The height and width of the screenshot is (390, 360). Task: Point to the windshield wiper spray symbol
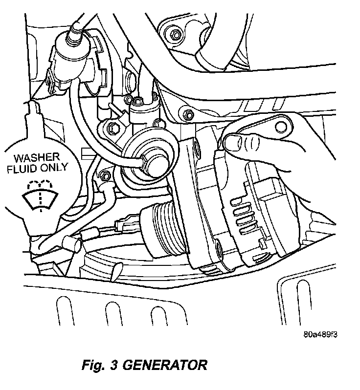[x=40, y=196]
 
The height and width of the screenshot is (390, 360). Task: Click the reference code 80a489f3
[x=321, y=336]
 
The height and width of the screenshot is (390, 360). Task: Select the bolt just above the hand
[x=189, y=115]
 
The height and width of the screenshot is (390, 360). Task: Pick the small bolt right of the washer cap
[x=104, y=175]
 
